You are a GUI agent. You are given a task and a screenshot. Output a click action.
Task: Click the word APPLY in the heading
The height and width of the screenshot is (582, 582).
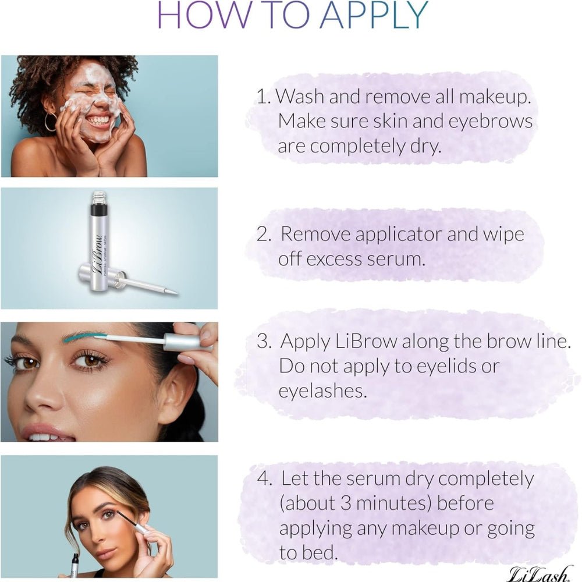pyautogui.click(x=374, y=15)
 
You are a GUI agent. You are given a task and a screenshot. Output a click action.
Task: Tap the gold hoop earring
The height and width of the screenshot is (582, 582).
pyautogui.click(x=50, y=122)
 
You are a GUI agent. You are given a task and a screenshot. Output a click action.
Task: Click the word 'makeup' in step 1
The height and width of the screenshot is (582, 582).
pyautogui.click(x=494, y=97)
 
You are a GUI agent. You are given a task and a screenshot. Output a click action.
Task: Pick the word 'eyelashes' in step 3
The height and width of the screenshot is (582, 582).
pyautogui.click(x=322, y=391)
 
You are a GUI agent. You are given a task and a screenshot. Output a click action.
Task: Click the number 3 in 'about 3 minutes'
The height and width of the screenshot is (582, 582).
pyautogui.click(x=346, y=503)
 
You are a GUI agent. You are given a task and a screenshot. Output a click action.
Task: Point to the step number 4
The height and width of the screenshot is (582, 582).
pyautogui.click(x=264, y=479)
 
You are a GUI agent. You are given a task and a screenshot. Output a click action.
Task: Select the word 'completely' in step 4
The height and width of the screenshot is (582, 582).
pyautogui.click(x=485, y=480)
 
